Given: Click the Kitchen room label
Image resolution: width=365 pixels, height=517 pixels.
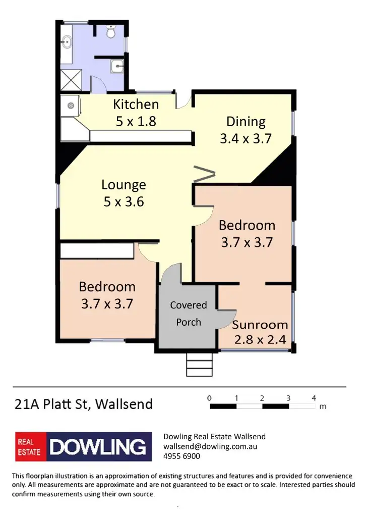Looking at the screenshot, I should [x=136, y=105].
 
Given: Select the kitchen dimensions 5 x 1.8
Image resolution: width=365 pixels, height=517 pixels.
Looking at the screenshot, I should [x=136, y=121].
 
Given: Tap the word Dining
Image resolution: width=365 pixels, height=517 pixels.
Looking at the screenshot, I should [x=246, y=122].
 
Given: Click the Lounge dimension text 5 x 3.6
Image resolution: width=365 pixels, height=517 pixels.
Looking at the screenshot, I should [x=124, y=202].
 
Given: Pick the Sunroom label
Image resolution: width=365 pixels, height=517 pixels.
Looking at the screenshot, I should [x=260, y=325].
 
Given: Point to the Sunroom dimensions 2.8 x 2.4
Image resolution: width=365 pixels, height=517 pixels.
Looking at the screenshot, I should [x=260, y=340].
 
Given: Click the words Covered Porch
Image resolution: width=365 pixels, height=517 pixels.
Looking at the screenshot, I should [x=189, y=314].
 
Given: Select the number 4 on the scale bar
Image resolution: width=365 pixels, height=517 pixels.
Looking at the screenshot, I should [x=314, y=398].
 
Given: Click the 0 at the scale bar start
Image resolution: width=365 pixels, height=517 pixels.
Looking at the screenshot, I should [x=209, y=398].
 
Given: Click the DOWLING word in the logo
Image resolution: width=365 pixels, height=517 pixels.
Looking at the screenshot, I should [x=99, y=447].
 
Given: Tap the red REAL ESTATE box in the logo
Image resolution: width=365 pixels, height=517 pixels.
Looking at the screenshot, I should [x=30, y=447].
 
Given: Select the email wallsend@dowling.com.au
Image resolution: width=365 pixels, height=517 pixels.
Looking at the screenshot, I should [x=210, y=446].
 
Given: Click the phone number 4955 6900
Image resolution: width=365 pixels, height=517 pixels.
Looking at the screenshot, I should [x=181, y=456].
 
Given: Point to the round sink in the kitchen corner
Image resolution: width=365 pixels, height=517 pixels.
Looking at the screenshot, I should [x=71, y=106].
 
